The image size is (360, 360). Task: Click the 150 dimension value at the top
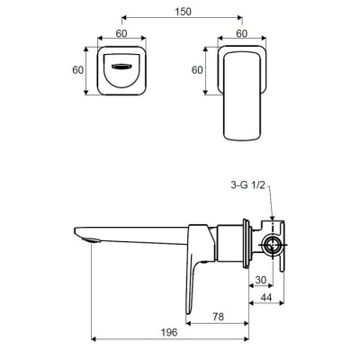pyautogui.click(x=183, y=12)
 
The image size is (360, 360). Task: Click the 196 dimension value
pyautogui.click(x=169, y=332)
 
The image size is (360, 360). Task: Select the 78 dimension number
pyautogui.click(x=218, y=317)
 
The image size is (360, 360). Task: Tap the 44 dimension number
pyautogui.click(x=266, y=298)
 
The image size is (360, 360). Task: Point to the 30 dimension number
pyautogui.click(x=261, y=280)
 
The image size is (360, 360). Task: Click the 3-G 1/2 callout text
pyautogui.click(x=247, y=185)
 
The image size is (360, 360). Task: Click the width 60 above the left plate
pyautogui.click(x=121, y=33)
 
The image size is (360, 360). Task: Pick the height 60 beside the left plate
pyautogui.click(x=78, y=70)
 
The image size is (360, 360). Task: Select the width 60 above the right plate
pyautogui.click(x=242, y=33)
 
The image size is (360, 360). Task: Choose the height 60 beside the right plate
pyautogui.click(x=197, y=70)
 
